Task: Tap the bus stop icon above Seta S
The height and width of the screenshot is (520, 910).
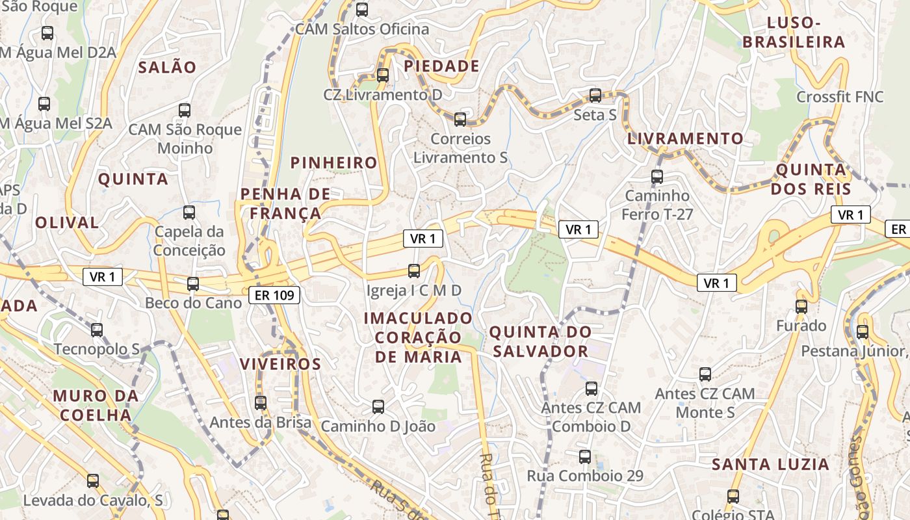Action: (595, 96)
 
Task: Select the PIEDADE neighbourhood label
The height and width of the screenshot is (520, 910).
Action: (441, 66)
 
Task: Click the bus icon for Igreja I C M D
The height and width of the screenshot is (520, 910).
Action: (414, 270)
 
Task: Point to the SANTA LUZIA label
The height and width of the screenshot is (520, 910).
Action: (770, 465)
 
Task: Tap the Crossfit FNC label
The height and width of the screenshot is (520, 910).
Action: (840, 97)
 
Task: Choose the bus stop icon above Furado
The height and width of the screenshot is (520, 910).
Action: (801, 306)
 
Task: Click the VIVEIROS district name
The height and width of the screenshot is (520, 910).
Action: (281, 364)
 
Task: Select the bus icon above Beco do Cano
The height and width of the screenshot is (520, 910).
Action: (193, 283)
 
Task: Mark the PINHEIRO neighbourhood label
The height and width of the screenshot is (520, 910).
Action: (334, 163)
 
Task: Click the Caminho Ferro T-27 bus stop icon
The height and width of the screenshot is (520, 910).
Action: (657, 176)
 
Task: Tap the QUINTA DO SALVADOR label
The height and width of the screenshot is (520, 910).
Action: (540, 342)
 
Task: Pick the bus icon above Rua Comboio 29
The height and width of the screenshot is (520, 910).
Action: (585, 456)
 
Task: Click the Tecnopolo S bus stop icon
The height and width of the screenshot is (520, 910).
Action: (97, 330)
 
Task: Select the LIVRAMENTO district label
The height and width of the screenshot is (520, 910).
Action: (685, 138)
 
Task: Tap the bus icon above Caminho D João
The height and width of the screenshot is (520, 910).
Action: (378, 407)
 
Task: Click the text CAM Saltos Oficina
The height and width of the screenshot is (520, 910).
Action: (362, 29)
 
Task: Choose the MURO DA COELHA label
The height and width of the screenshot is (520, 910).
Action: (96, 406)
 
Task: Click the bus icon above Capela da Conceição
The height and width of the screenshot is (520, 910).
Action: (189, 212)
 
